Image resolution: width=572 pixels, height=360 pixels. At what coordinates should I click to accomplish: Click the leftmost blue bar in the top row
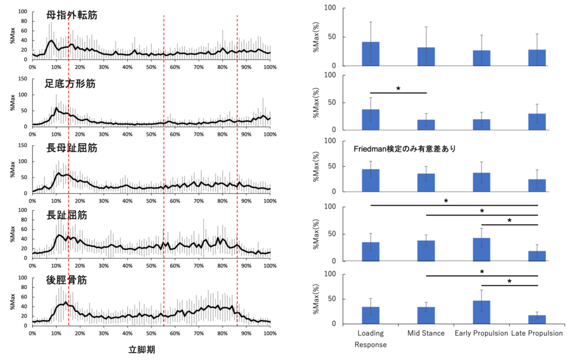point(370,54)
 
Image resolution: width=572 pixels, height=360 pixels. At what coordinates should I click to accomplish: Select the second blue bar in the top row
point(426,56)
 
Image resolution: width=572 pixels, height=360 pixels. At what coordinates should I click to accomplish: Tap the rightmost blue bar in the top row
point(537,58)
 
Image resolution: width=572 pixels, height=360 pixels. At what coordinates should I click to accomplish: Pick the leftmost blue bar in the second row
point(370,119)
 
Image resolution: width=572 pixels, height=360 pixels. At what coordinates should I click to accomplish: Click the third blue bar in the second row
point(482,124)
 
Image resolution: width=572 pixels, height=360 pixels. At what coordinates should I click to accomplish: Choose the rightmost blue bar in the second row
point(537,121)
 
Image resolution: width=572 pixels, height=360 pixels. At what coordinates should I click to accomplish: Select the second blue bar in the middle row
point(426,183)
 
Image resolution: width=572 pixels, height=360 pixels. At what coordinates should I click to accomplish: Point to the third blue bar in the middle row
point(482,182)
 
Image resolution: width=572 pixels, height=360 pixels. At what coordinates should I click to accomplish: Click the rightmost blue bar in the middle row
point(537,186)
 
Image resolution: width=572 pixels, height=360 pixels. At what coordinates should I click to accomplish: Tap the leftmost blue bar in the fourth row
point(370,252)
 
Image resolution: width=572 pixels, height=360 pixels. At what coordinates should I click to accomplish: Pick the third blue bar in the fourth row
point(482,250)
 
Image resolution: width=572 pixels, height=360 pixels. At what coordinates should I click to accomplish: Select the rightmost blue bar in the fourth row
point(537,256)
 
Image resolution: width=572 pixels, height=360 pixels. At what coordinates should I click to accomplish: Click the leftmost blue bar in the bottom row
point(370,315)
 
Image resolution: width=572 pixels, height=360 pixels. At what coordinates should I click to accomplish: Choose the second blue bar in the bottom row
point(426,315)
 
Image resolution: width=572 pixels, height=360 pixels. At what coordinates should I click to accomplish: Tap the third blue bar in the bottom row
point(482,312)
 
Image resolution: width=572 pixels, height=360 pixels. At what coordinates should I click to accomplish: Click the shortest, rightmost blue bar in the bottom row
point(537,319)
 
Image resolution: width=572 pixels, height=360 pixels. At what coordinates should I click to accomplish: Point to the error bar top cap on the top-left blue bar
point(370,22)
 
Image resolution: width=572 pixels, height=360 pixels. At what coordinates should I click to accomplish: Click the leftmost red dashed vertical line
point(68,168)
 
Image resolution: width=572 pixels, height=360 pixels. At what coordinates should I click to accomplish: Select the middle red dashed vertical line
point(164,168)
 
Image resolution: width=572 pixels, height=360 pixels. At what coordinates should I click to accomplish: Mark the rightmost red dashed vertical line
point(237,168)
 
